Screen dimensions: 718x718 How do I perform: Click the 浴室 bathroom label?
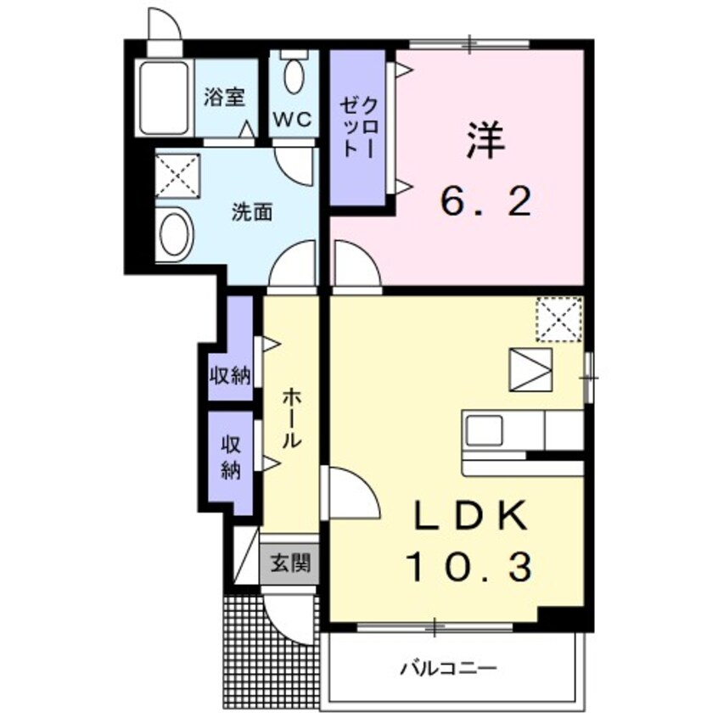pyautogui.click(x=224, y=97)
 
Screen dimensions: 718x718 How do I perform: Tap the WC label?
pyautogui.click(x=294, y=117)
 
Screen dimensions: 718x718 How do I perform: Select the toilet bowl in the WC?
pyautogui.click(x=294, y=77)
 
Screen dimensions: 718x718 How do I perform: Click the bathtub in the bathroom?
pyautogui.click(x=164, y=97)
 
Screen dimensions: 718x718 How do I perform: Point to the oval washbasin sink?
pyautogui.click(x=174, y=233)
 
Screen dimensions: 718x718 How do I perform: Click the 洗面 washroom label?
pyautogui.click(x=252, y=213)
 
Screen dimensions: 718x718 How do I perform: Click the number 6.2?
pyautogui.click(x=485, y=201)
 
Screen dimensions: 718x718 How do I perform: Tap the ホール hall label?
pyautogui.click(x=289, y=418)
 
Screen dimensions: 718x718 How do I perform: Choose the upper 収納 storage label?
pyautogui.click(x=230, y=374)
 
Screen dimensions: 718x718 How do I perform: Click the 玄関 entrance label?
pyautogui.click(x=289, y=562)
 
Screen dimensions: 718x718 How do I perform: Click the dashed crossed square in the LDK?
pyautogui.click(x=558, y=320)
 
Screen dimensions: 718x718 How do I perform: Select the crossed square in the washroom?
pyautogui.click(x=177, y=176)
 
